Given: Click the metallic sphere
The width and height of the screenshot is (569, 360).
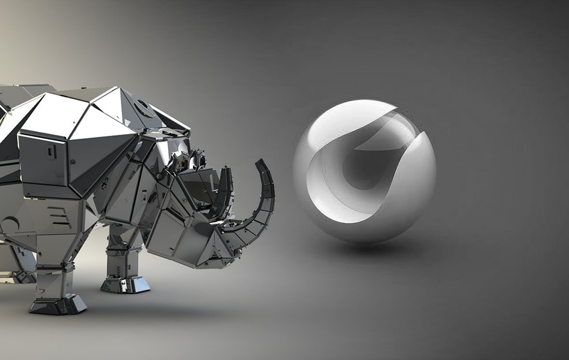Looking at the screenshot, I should (364, 170).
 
